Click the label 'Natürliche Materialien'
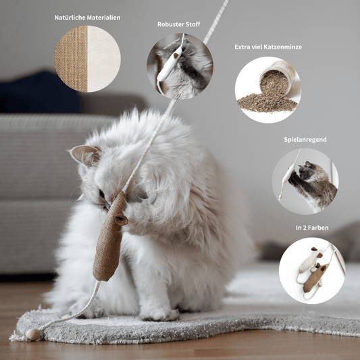coord(87,18)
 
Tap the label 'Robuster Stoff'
coord(178,24)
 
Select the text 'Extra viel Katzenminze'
coord(268,47)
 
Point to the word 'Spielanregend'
coord(305,140)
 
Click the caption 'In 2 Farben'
coord(312,228)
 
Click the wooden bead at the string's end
coord(32,334)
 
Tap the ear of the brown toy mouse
coord(121,220)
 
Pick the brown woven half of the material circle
coord(71,59)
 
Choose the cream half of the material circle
coord(103,59)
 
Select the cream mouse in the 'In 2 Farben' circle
coord(311,259)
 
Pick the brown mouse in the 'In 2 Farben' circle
coord(315,278)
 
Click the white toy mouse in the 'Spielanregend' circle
coord(288,174)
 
